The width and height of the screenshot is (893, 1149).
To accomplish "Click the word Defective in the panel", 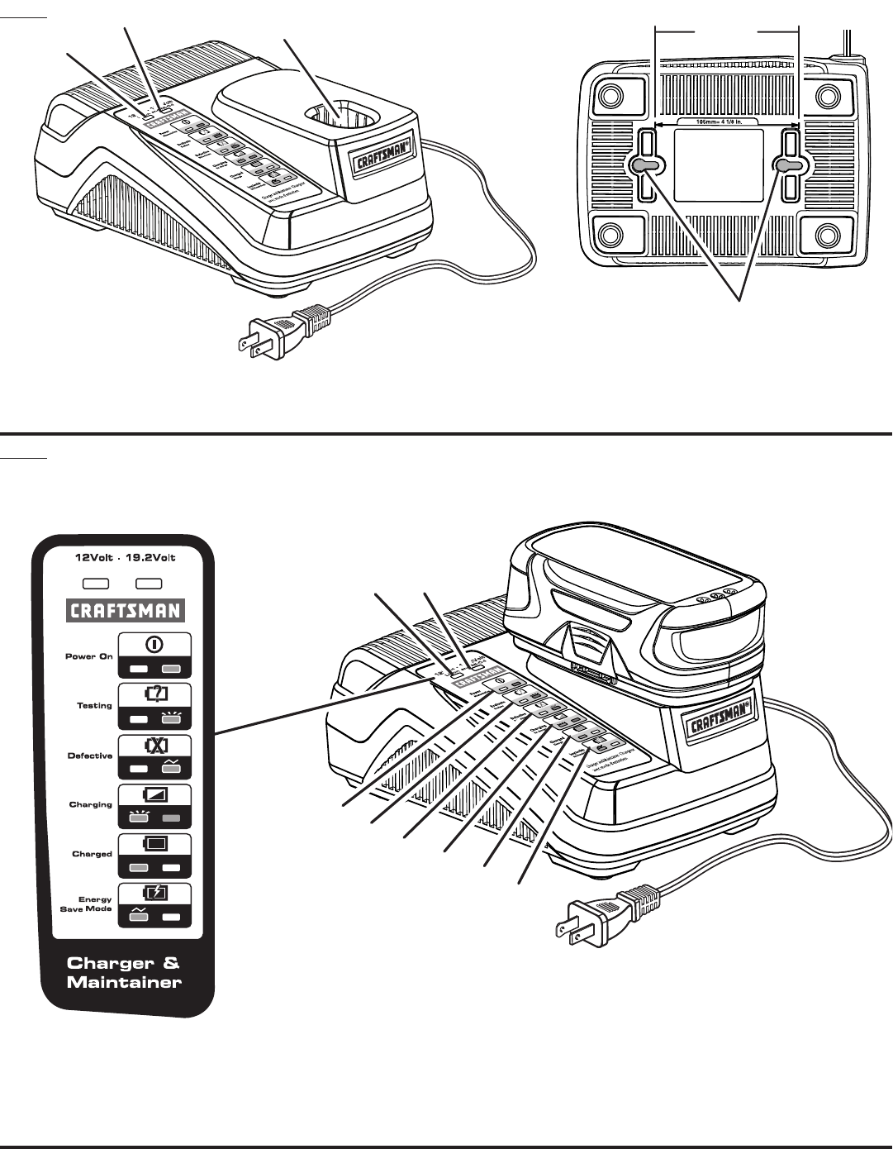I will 90,756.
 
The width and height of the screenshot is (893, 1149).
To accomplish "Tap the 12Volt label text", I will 96,557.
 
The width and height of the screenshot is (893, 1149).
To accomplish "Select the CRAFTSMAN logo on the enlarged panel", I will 125,611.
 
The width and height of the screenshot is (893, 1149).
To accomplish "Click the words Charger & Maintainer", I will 124,973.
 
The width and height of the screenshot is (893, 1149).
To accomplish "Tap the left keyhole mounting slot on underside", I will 646,166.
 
